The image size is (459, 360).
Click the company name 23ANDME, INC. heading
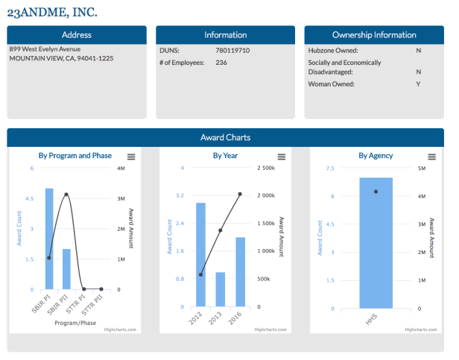[x=52, y=13]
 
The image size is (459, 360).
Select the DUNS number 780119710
[x=231, y=50]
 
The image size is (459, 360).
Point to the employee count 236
[x=221, y=63]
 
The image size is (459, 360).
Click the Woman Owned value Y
[x=418, y=84]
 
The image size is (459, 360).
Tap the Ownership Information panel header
[x=374, y=34]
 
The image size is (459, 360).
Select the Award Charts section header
[x=225, y=137]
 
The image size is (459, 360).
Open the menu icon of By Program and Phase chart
[x=131, y=157]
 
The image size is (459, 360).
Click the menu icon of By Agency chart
[x=431, y=157]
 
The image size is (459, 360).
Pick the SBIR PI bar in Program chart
[x=49, y=239]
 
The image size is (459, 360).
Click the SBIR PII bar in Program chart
[x=66, y=268]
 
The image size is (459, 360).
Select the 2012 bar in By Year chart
[x=200, y=253]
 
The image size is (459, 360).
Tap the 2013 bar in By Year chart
[x=221, y=289]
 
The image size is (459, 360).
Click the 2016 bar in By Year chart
[x=240, y=271]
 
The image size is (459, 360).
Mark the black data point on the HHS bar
[x=376, y=192]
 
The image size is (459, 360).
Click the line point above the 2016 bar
[x=240, y=194]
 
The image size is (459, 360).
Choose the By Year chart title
[x=225, y=156]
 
